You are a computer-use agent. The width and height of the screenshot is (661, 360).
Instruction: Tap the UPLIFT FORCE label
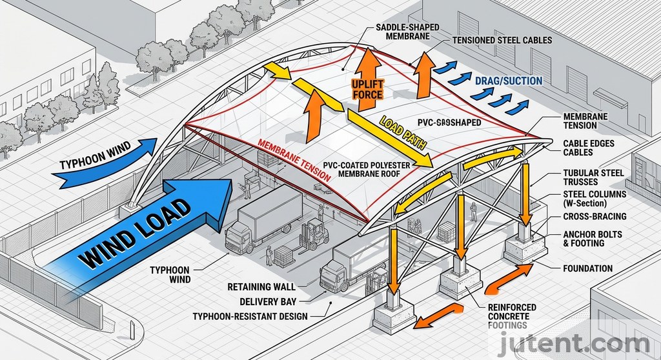[368, 89]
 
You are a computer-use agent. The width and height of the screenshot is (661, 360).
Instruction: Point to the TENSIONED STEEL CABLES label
[502, 40]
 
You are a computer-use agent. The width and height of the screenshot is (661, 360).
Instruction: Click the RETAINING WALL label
[261, 286]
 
